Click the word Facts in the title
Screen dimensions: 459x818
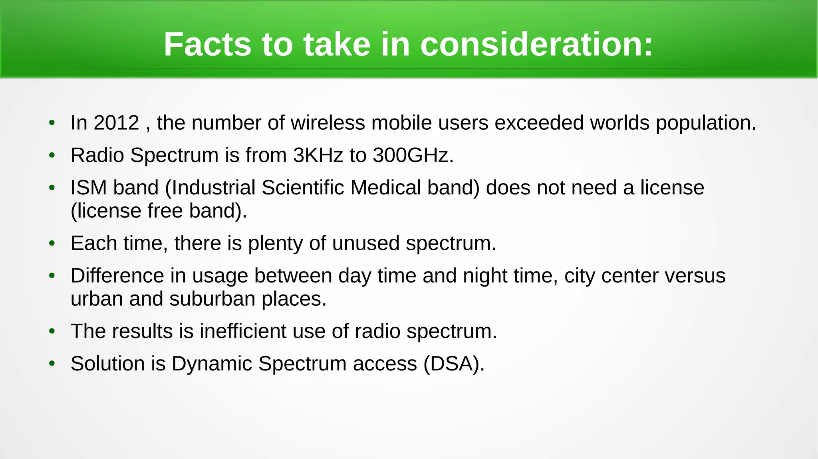(208, 44)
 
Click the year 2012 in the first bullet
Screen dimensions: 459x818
(116, 123)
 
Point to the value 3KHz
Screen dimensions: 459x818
(318, 155)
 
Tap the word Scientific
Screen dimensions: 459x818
(303, 187)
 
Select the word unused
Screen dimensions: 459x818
(365, 243)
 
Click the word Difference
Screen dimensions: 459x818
(117, 275)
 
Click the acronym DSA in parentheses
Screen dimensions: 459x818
(454, 364)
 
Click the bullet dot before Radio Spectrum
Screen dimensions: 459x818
(52, 155)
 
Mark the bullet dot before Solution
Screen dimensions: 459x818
(52, 364)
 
